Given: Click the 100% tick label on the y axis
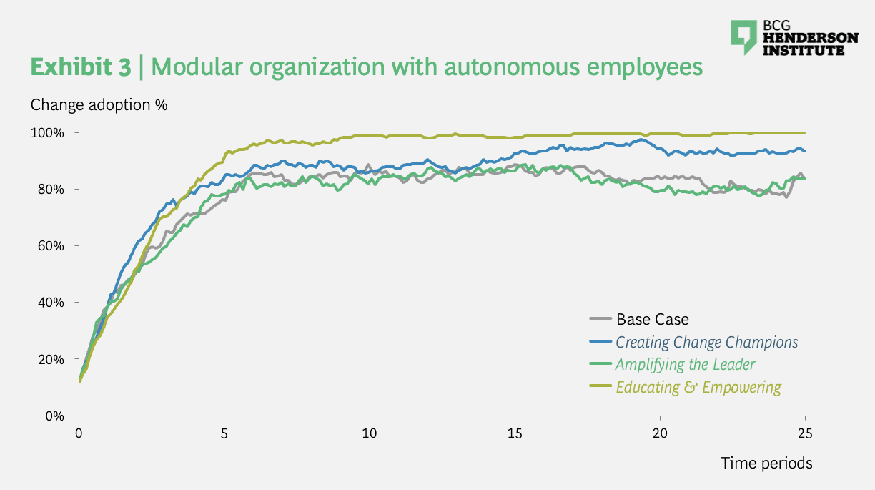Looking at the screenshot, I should click(x=49, y=133).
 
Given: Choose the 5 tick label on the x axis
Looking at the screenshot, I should click(x=224, y=433).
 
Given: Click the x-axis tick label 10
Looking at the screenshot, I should click(x=370, y=433).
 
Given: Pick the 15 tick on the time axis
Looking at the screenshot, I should click(x=515, y=433).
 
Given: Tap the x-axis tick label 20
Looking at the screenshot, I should click(x=660, y=433).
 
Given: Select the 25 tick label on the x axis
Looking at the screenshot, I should click(x=805, y=433).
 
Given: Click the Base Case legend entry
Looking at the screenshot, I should click(x=652, y=320).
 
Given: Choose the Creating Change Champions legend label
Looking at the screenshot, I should click(x=706, y=342).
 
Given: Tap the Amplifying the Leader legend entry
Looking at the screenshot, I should click(x=685, y=364).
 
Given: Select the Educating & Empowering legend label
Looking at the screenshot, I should click(x=698, y=387).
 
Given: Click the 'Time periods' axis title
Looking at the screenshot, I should click(x=766, y=463).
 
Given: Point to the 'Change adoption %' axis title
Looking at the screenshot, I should click(x=99, y=104).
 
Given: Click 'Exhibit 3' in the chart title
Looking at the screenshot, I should click(x=80, y=67).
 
